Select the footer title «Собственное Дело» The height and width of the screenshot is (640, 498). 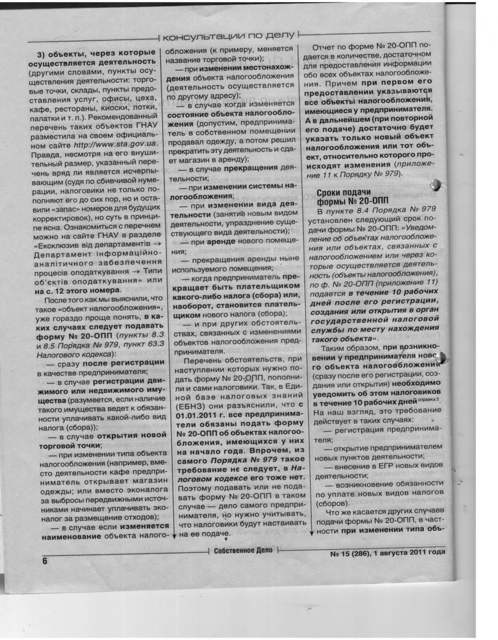(243, 550)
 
